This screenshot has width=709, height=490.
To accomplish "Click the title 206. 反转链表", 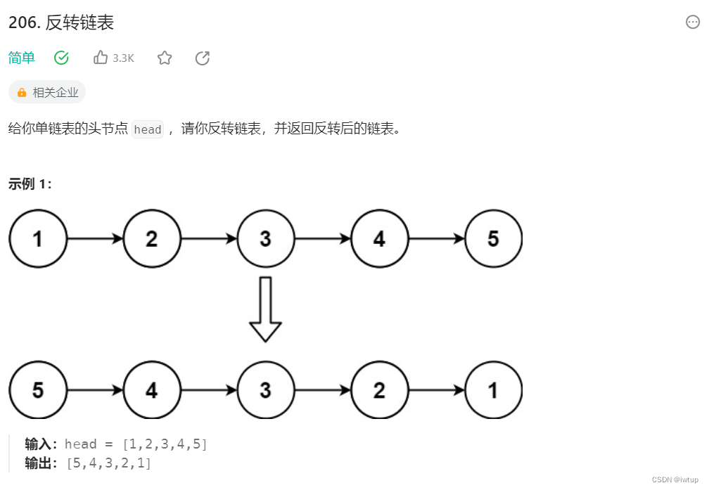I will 61,22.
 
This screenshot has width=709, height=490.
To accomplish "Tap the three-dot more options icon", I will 693,22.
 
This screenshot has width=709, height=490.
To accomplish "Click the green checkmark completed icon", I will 61,58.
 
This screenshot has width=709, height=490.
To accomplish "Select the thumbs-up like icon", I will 101,58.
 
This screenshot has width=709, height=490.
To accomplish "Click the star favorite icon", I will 165,58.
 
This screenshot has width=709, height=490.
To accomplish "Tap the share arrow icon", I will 203,58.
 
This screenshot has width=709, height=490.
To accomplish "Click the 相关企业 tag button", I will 47,92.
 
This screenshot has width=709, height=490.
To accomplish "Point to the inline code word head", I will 148,129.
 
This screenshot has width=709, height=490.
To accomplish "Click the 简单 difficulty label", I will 22,58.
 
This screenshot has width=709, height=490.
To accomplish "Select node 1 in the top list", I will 38,239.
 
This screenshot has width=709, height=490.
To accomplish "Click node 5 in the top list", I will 493,239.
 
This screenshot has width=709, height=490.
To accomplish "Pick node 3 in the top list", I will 265,239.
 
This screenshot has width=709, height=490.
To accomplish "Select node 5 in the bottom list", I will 38,390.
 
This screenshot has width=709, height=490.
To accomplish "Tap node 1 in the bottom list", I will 493,390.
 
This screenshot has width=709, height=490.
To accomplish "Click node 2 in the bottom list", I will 379,390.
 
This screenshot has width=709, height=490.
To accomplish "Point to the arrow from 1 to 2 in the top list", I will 95,239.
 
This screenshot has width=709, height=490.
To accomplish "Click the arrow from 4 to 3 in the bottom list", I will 209,390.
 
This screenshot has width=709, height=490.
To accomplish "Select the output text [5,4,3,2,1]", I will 109,463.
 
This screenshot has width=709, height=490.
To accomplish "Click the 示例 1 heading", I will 30,184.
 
